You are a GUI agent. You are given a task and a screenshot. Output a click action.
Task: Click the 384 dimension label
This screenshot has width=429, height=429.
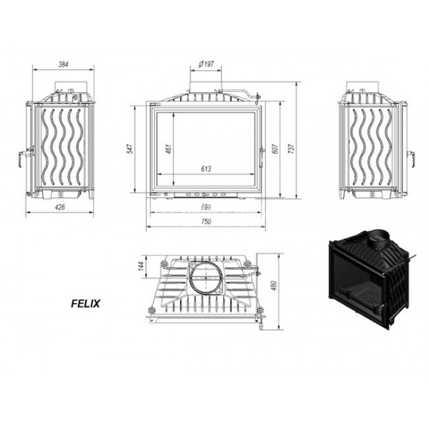pos(63,65)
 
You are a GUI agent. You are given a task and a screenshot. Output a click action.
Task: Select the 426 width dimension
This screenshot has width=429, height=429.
pos(60,207)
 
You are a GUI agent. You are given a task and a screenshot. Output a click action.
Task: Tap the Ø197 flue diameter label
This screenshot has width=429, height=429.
pos(206,64)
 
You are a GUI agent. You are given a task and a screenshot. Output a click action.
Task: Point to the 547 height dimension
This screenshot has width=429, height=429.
pos(131,149)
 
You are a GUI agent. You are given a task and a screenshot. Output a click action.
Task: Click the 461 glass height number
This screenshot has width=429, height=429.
pos(168,149)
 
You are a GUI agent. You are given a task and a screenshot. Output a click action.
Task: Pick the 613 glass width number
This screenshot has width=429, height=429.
pos(206,169)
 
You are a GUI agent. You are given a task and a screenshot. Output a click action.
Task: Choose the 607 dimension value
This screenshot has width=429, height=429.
pos(275,149)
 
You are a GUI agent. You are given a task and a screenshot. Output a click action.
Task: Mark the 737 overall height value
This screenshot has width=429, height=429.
pos(292,149)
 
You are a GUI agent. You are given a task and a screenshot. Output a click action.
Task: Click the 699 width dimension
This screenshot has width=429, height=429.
pos(206,207)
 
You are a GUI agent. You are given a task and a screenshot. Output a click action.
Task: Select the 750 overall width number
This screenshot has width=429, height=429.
pos(206,221)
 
